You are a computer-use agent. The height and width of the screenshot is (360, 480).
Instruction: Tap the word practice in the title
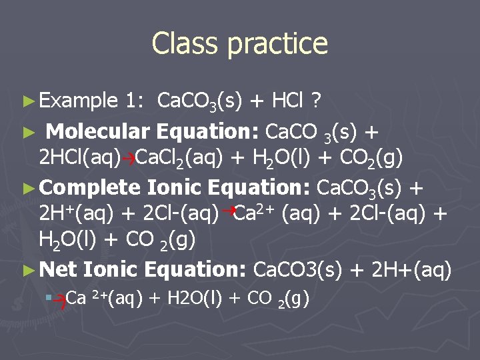click(x=277, y=45)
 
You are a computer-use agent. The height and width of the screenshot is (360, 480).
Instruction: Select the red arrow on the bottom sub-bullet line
click(x=59, y=301)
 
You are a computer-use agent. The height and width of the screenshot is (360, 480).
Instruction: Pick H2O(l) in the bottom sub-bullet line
click(x=186, y=299)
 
